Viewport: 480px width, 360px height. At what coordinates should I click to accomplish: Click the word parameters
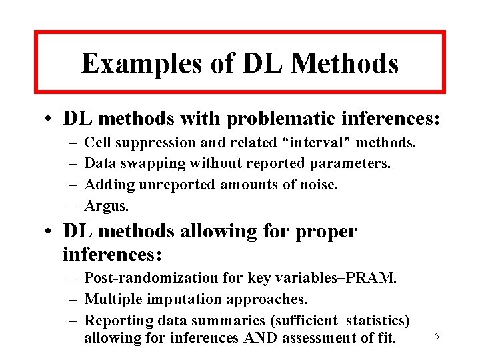(357, 163)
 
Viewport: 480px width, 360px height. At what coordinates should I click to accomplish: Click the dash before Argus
(71, 205)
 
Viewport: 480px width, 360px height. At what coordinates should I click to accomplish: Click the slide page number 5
(437, 337)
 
